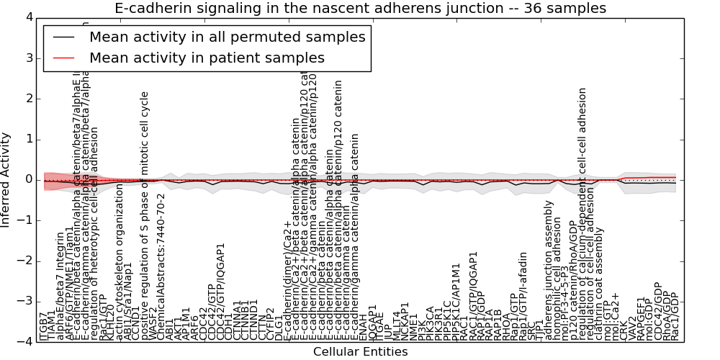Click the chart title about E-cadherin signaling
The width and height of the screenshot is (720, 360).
coord(360,8)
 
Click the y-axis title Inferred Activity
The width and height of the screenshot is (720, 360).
coord(6,179)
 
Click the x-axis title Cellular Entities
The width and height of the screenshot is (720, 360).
coord(360,352)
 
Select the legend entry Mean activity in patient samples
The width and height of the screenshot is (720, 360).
coord(207,58)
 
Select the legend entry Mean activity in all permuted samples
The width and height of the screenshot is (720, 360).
coord(227,37)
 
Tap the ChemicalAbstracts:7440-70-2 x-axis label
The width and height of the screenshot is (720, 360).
coord(161,267)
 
